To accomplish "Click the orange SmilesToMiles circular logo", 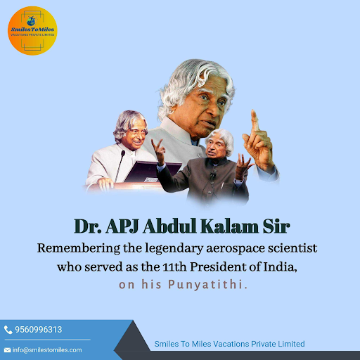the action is coord(32,31).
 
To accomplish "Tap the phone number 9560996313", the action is coord(39,330).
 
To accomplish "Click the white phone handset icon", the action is coord(8,330).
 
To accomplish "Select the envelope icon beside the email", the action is coord(7,350).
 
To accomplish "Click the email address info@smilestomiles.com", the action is coord(47,350).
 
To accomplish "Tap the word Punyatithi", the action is coord(207,285).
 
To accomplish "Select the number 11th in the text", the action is coord(174,267).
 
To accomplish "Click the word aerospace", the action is coord(236,249).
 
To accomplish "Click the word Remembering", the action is coord(79,248).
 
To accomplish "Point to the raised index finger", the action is coord(255,120).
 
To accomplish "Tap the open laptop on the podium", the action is coord(153,172).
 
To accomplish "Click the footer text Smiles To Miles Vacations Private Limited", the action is coord(229,344).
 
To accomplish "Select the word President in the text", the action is coord(218,267).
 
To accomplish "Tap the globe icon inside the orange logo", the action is coord(32,21).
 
